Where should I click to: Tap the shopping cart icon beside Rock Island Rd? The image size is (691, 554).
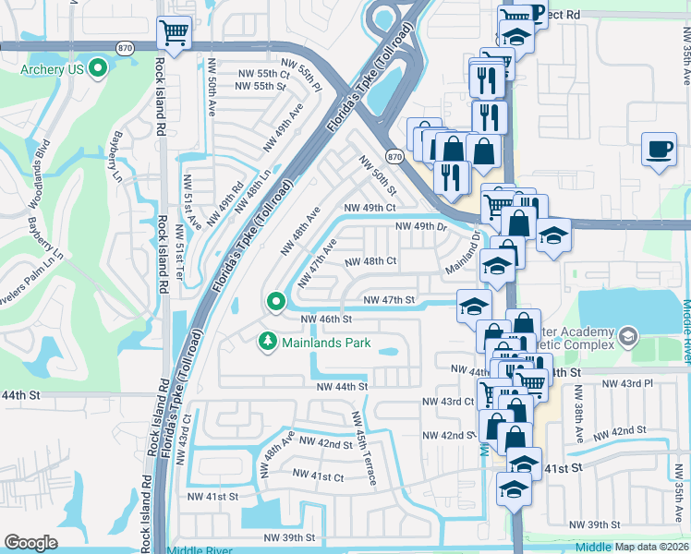tap(174, 33)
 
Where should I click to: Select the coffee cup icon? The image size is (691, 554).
tap(659, 149)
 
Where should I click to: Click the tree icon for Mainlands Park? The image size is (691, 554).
tap(268, 343)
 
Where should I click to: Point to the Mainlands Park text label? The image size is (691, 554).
tap(327, 343)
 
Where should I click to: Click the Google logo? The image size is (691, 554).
tap(30, 543)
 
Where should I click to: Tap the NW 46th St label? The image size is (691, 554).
tap(328, 319)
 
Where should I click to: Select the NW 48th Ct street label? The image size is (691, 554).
tap(370, 261)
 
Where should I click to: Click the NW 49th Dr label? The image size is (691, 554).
tap(421, 226)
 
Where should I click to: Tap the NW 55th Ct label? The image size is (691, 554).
tap(261, 73)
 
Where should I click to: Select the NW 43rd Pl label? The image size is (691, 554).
tap(626, 382)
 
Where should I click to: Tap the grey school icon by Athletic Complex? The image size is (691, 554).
tap(629, 333)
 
